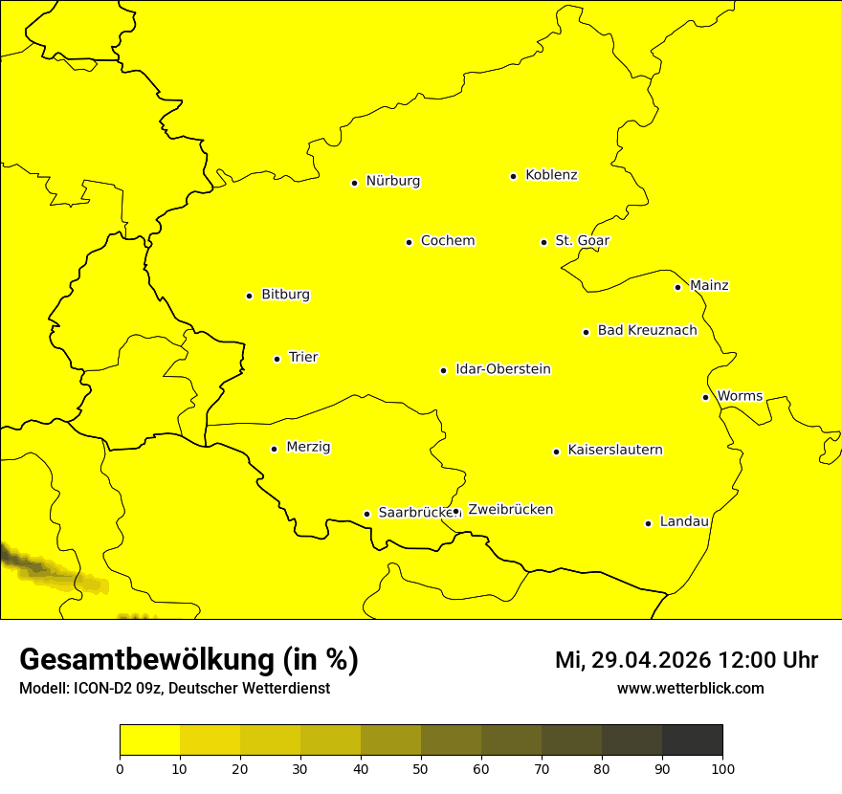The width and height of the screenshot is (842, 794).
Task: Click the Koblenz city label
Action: (551, 175)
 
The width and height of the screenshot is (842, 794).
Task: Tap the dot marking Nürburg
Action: (354, 183)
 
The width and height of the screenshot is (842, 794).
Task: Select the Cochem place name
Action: (447, 241)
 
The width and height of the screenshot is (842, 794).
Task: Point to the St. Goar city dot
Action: (543, 243)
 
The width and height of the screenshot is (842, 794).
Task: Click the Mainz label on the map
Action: (709, 286)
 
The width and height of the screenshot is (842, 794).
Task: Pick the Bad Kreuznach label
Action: (647, 331)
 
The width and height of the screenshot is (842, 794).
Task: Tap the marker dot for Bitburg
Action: (249, 297)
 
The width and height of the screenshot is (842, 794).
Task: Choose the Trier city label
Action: (302, 358)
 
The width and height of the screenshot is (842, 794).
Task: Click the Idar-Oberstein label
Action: (502, 369)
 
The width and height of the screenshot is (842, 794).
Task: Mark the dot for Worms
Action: (705, 397)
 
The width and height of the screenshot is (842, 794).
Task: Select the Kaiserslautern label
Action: (614, 451)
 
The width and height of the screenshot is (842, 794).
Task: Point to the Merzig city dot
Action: (274, 449)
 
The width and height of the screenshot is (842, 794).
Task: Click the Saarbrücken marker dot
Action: (366, 514)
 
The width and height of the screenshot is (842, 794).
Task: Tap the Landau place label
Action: (684, 522)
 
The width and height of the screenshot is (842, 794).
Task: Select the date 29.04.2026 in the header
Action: (650, 660)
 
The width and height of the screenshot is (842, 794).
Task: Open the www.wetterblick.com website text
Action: (690, 689)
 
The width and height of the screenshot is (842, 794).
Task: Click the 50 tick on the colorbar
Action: (421, 768)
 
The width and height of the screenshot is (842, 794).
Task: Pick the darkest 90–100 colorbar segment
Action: (692, 740)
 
